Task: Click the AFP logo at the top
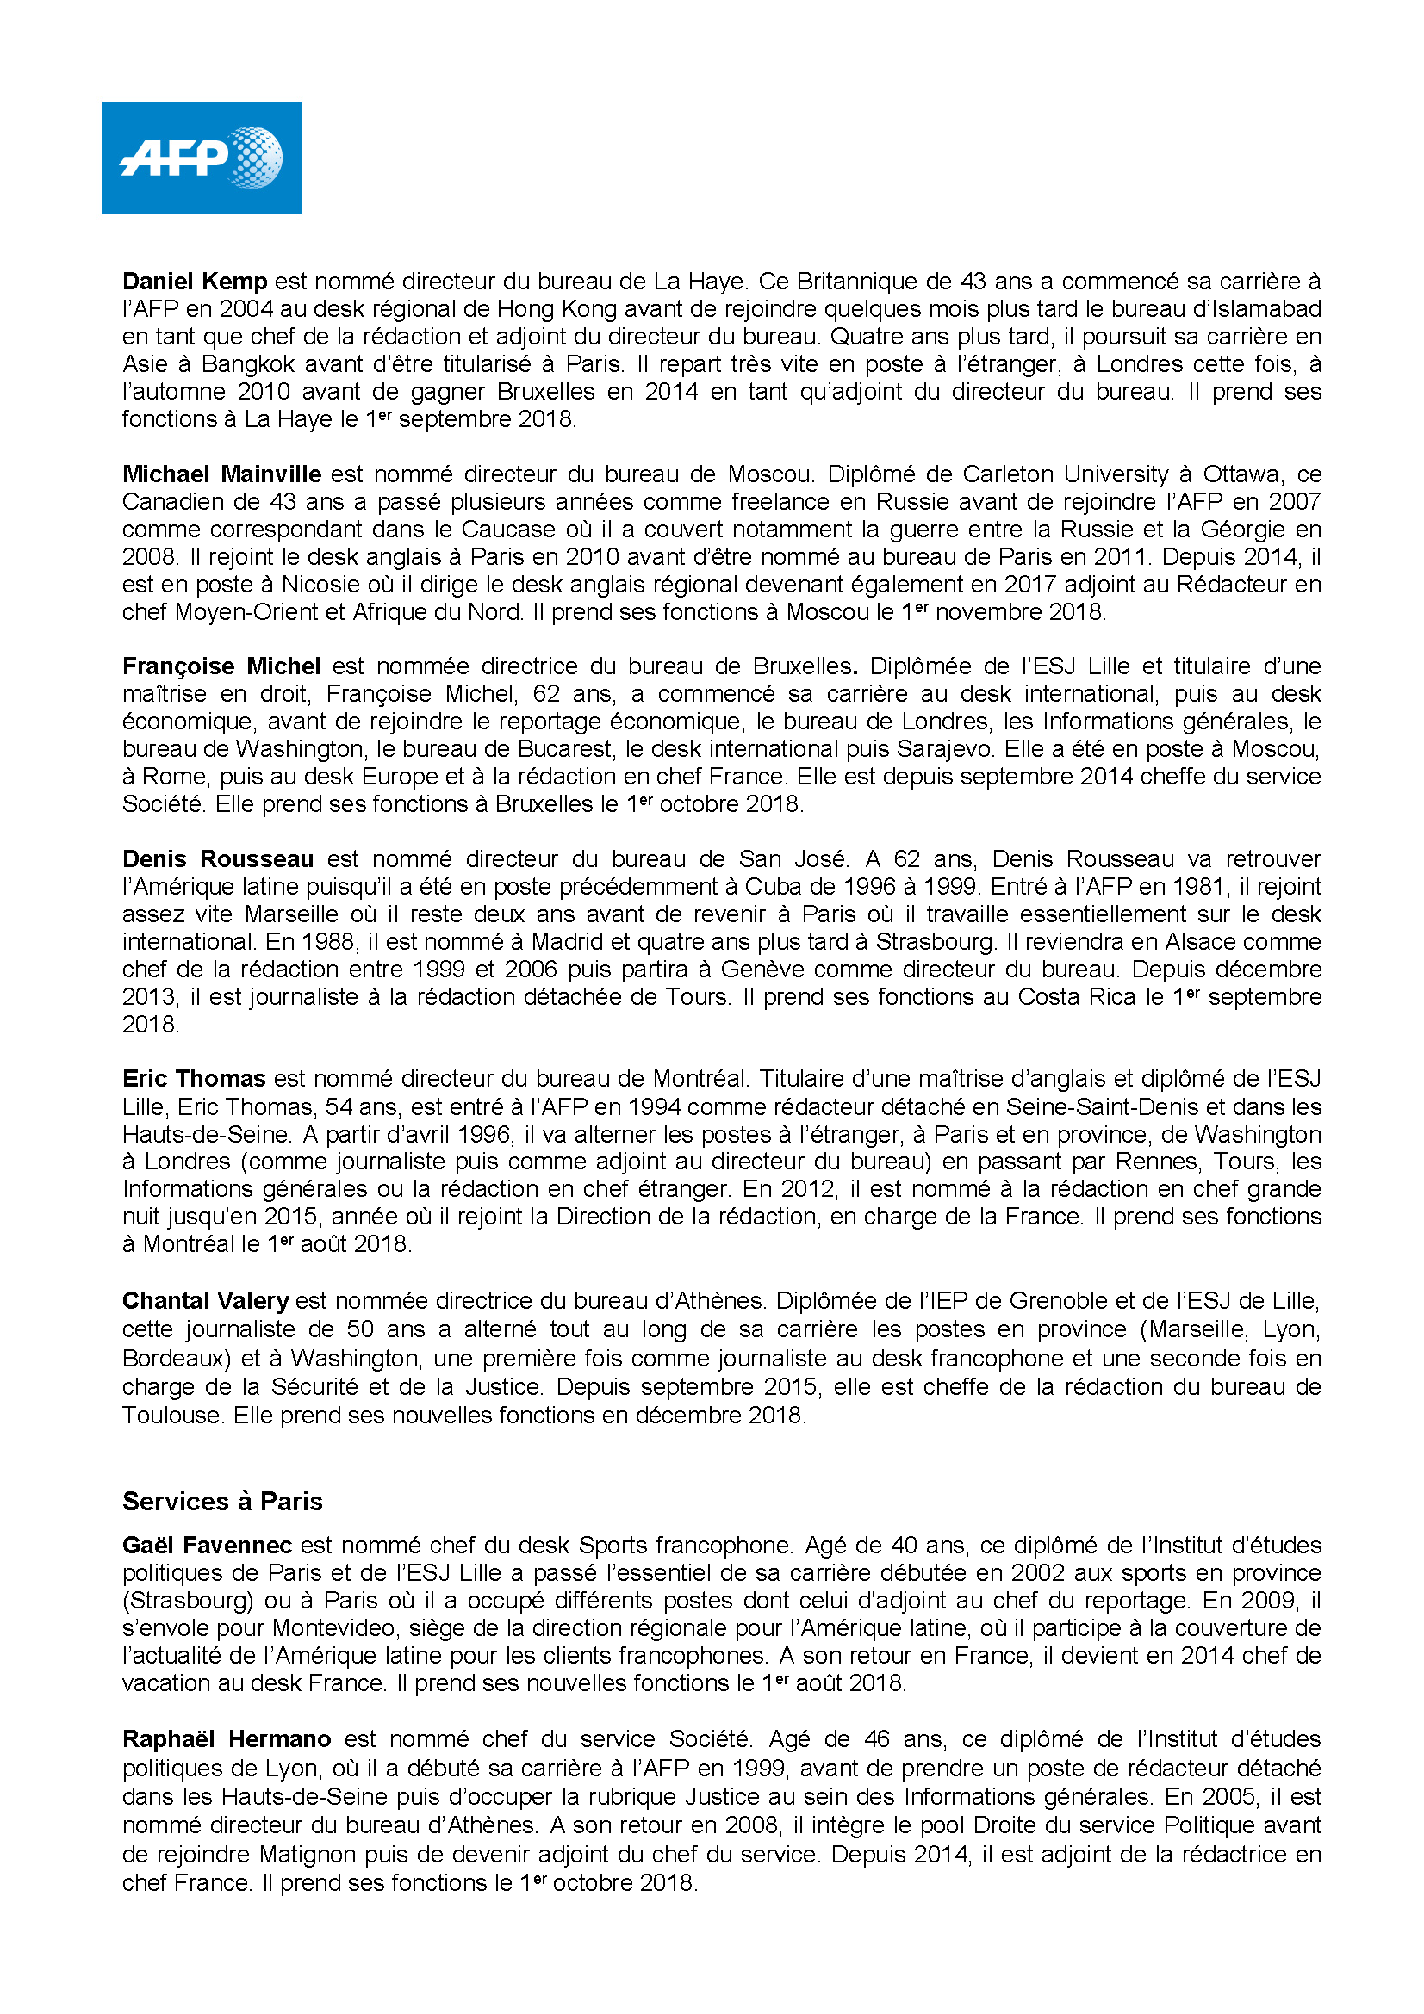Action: pyautogui.click(x=201, y=158)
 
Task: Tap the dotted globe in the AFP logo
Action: pyautogui.click(x=255, y=158)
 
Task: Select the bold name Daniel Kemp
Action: pyautogui.click(x=195, y=282)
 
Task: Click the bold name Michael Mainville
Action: pyautogui.click(x=222, y=474)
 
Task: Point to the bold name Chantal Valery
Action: pyautogui.click(x=205, y=1301)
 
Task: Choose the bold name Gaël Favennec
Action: pyautogui.click(x=207, y=1546)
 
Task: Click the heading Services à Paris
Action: pyautogui.click(x=223, y=1502)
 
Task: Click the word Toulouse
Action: pyautogui.click(x=171, y=1416)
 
